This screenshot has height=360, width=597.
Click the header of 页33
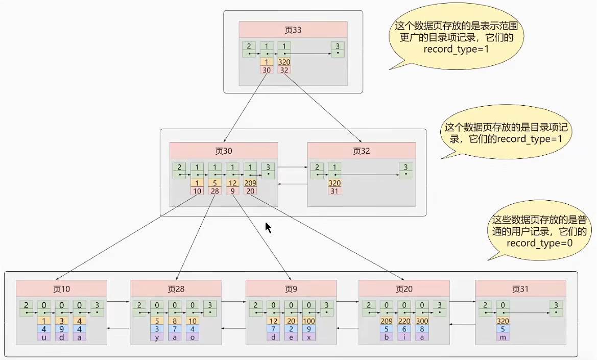coord(293,30)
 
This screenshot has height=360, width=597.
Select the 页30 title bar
coord(224,151)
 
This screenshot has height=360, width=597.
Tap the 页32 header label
coord(362,151)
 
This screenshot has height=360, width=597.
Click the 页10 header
coord(61,289)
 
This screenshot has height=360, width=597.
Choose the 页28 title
coord(176,289)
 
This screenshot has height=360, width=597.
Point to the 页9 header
coord(291,289)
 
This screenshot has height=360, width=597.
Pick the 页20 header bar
coord(404,289)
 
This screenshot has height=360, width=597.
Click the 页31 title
coord(520,289)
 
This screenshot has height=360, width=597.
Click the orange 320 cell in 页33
coord(284,62)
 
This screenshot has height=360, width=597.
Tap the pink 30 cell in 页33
coord(267,70)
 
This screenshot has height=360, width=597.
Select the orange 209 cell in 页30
coord(250,183)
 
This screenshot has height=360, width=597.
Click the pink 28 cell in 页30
coord(214,191)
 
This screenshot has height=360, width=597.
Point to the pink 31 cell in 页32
coord(335,191)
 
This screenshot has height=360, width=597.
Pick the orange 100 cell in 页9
coord(309,321)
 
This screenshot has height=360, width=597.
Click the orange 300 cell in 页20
coord(422,321)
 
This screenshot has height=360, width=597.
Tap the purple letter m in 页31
coord(503,337)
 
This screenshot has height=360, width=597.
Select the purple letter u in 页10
coord(44,337)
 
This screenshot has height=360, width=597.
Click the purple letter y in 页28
coord(156,337)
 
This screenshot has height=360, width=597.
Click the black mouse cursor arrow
coord(269,228)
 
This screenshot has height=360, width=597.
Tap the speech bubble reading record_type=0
coord(539,231)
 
